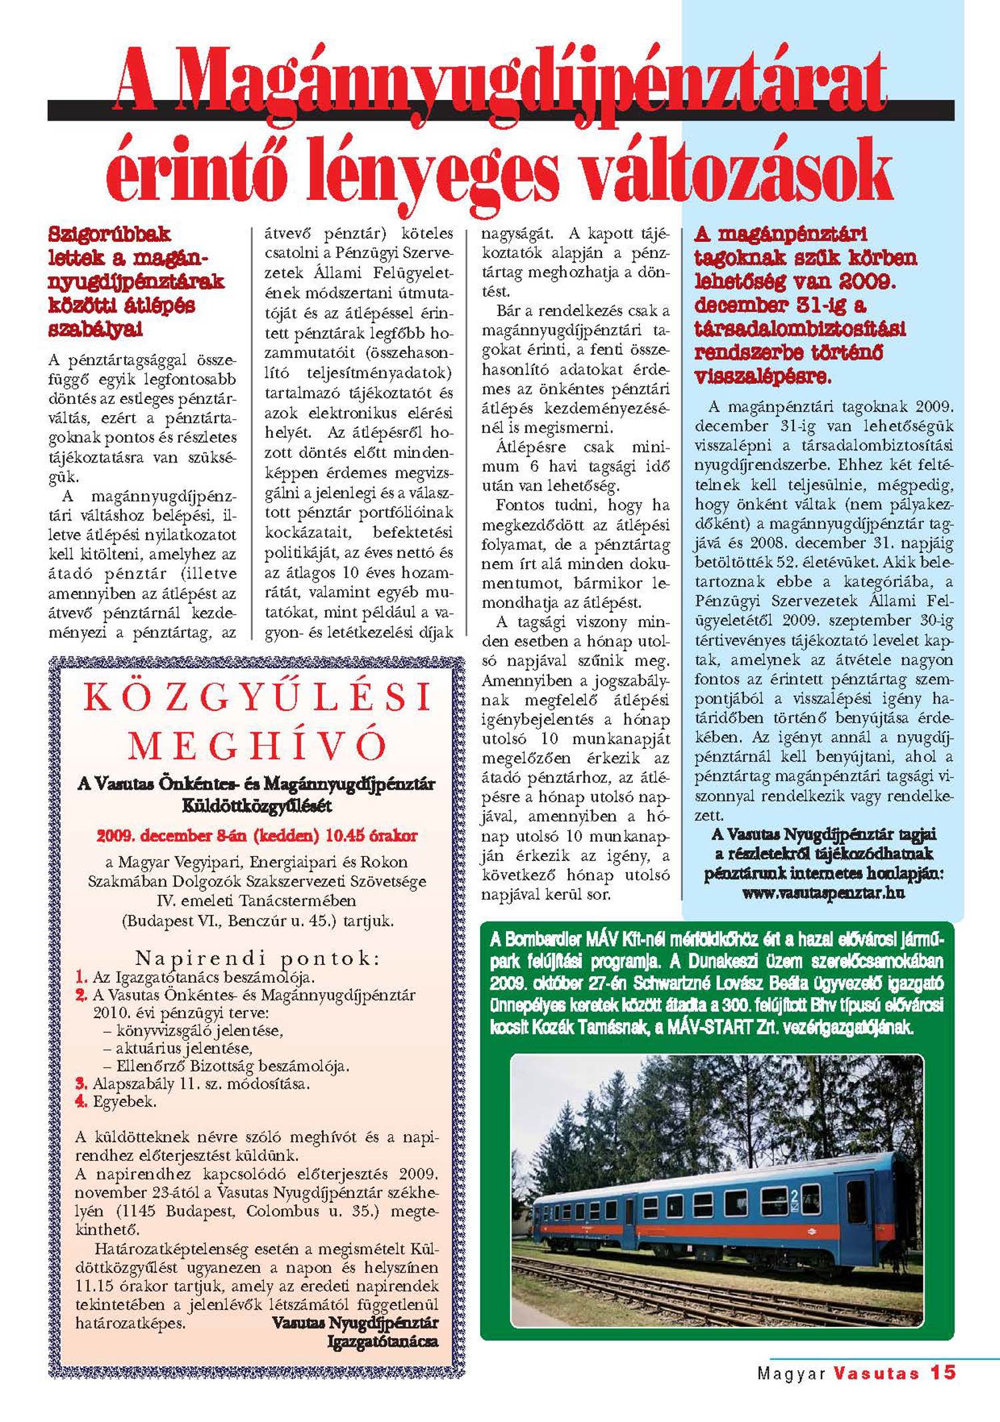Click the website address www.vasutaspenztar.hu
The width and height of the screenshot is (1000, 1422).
[823, 893]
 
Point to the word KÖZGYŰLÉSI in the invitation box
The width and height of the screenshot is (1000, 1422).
[257, 698]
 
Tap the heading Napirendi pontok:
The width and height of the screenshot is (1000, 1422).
[257, 958]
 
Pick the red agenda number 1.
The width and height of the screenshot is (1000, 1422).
[81, 978]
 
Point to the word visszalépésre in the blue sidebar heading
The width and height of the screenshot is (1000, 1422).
[762, 376]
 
